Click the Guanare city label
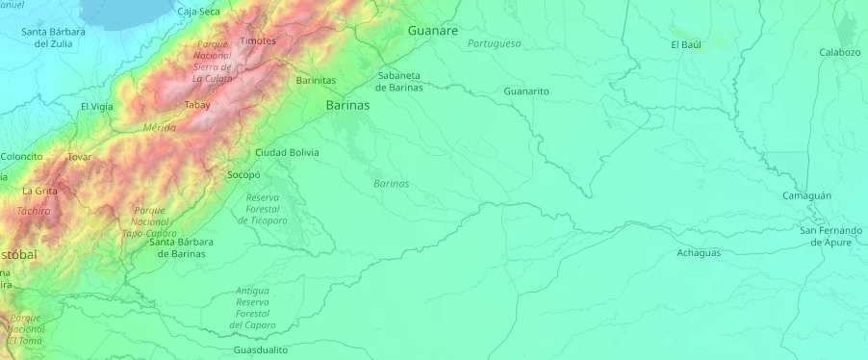pos(432,31)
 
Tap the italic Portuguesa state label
pos(494,43)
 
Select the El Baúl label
pos(686,44)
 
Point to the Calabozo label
pos(839,52)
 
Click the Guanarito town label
pos(525,90)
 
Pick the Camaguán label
pos(806,195)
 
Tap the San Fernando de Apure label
pos(830,236)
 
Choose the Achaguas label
pos(698,252)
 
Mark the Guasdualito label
pos(260,350)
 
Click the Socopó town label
pos(243,175)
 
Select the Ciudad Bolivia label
pos(287,152)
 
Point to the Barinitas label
pos(316,81)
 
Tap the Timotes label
pos(258,40)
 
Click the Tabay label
pos(197,105)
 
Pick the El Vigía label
pos(97,106)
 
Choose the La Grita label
pos(39,191)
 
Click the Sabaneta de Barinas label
pos(399,81)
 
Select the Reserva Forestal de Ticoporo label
pos(263,209)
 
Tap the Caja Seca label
pos(199,12)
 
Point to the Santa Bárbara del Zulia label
pos(53,38)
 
